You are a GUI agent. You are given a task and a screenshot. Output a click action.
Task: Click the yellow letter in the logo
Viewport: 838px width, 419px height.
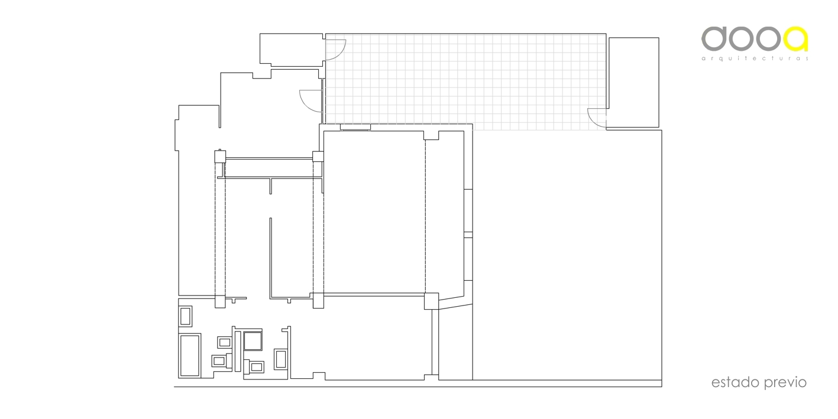(796, 38)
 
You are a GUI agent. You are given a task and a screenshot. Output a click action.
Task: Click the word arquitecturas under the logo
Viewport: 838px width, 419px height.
(755, 59)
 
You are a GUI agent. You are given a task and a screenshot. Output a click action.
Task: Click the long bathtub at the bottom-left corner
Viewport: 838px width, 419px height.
(190, 355)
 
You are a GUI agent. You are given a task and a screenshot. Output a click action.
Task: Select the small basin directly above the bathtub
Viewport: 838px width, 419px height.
(186, 316)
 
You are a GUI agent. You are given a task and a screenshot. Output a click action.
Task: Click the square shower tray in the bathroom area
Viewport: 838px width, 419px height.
(253, 341)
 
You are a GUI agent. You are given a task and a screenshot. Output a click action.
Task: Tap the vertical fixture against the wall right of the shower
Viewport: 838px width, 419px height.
(280, 359)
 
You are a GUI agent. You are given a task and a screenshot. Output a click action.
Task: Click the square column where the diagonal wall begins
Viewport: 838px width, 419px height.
(431, 301)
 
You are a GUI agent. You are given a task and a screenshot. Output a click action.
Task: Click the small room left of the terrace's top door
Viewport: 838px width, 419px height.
(292, 50)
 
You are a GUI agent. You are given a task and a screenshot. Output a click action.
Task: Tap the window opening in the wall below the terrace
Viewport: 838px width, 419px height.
(355, 128)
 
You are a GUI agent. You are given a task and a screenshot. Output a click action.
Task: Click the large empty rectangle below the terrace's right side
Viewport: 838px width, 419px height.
(567, 255)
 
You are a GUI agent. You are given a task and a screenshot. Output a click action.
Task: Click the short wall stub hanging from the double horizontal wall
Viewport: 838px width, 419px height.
(271, 186)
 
